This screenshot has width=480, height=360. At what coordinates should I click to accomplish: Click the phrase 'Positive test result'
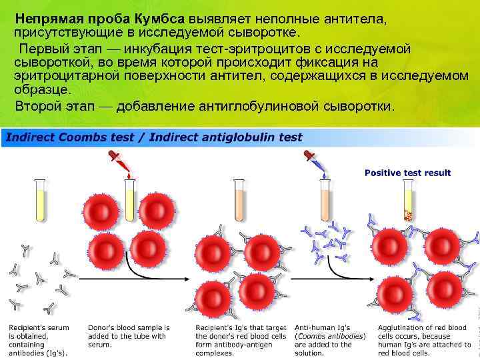[407, 173]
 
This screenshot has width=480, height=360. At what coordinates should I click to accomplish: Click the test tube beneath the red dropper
[131, 200]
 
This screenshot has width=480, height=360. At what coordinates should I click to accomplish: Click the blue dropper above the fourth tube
[313, 162]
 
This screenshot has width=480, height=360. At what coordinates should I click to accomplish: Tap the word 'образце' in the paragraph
[45, 90]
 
